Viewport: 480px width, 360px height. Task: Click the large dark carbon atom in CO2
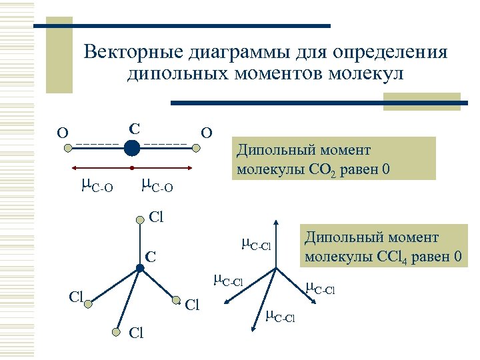click(x=132, y=147)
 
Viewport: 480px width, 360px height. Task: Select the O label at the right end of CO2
click(x=207, y=133)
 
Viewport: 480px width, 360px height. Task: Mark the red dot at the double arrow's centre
click(x=132, y=167)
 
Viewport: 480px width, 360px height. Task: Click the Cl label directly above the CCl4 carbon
click(x=156, y=217)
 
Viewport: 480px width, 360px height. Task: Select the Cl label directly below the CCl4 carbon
click(x=135, y=333)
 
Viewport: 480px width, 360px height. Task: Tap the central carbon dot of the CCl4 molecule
click(x=140, y=268)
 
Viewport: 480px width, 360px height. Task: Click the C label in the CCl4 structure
click(x=151, y=256)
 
